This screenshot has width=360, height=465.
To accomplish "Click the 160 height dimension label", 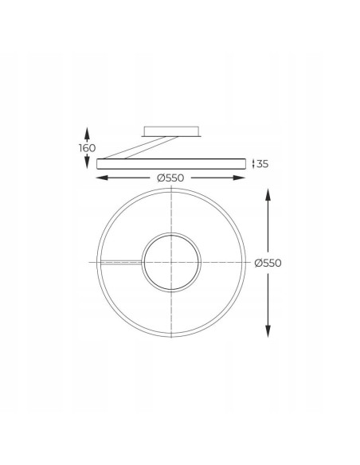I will (87, 148).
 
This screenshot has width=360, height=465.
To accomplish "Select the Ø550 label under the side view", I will (171, 178).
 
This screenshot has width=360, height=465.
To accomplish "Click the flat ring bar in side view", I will (171, 163).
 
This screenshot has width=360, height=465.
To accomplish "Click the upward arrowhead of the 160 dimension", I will (87, 129).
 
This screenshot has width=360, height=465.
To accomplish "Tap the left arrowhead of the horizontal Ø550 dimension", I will (100, 178).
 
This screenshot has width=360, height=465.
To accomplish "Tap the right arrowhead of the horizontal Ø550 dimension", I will (243, 178).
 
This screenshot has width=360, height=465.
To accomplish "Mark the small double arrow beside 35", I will (253, 164).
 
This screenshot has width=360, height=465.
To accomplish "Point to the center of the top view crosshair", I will (171, 262).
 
